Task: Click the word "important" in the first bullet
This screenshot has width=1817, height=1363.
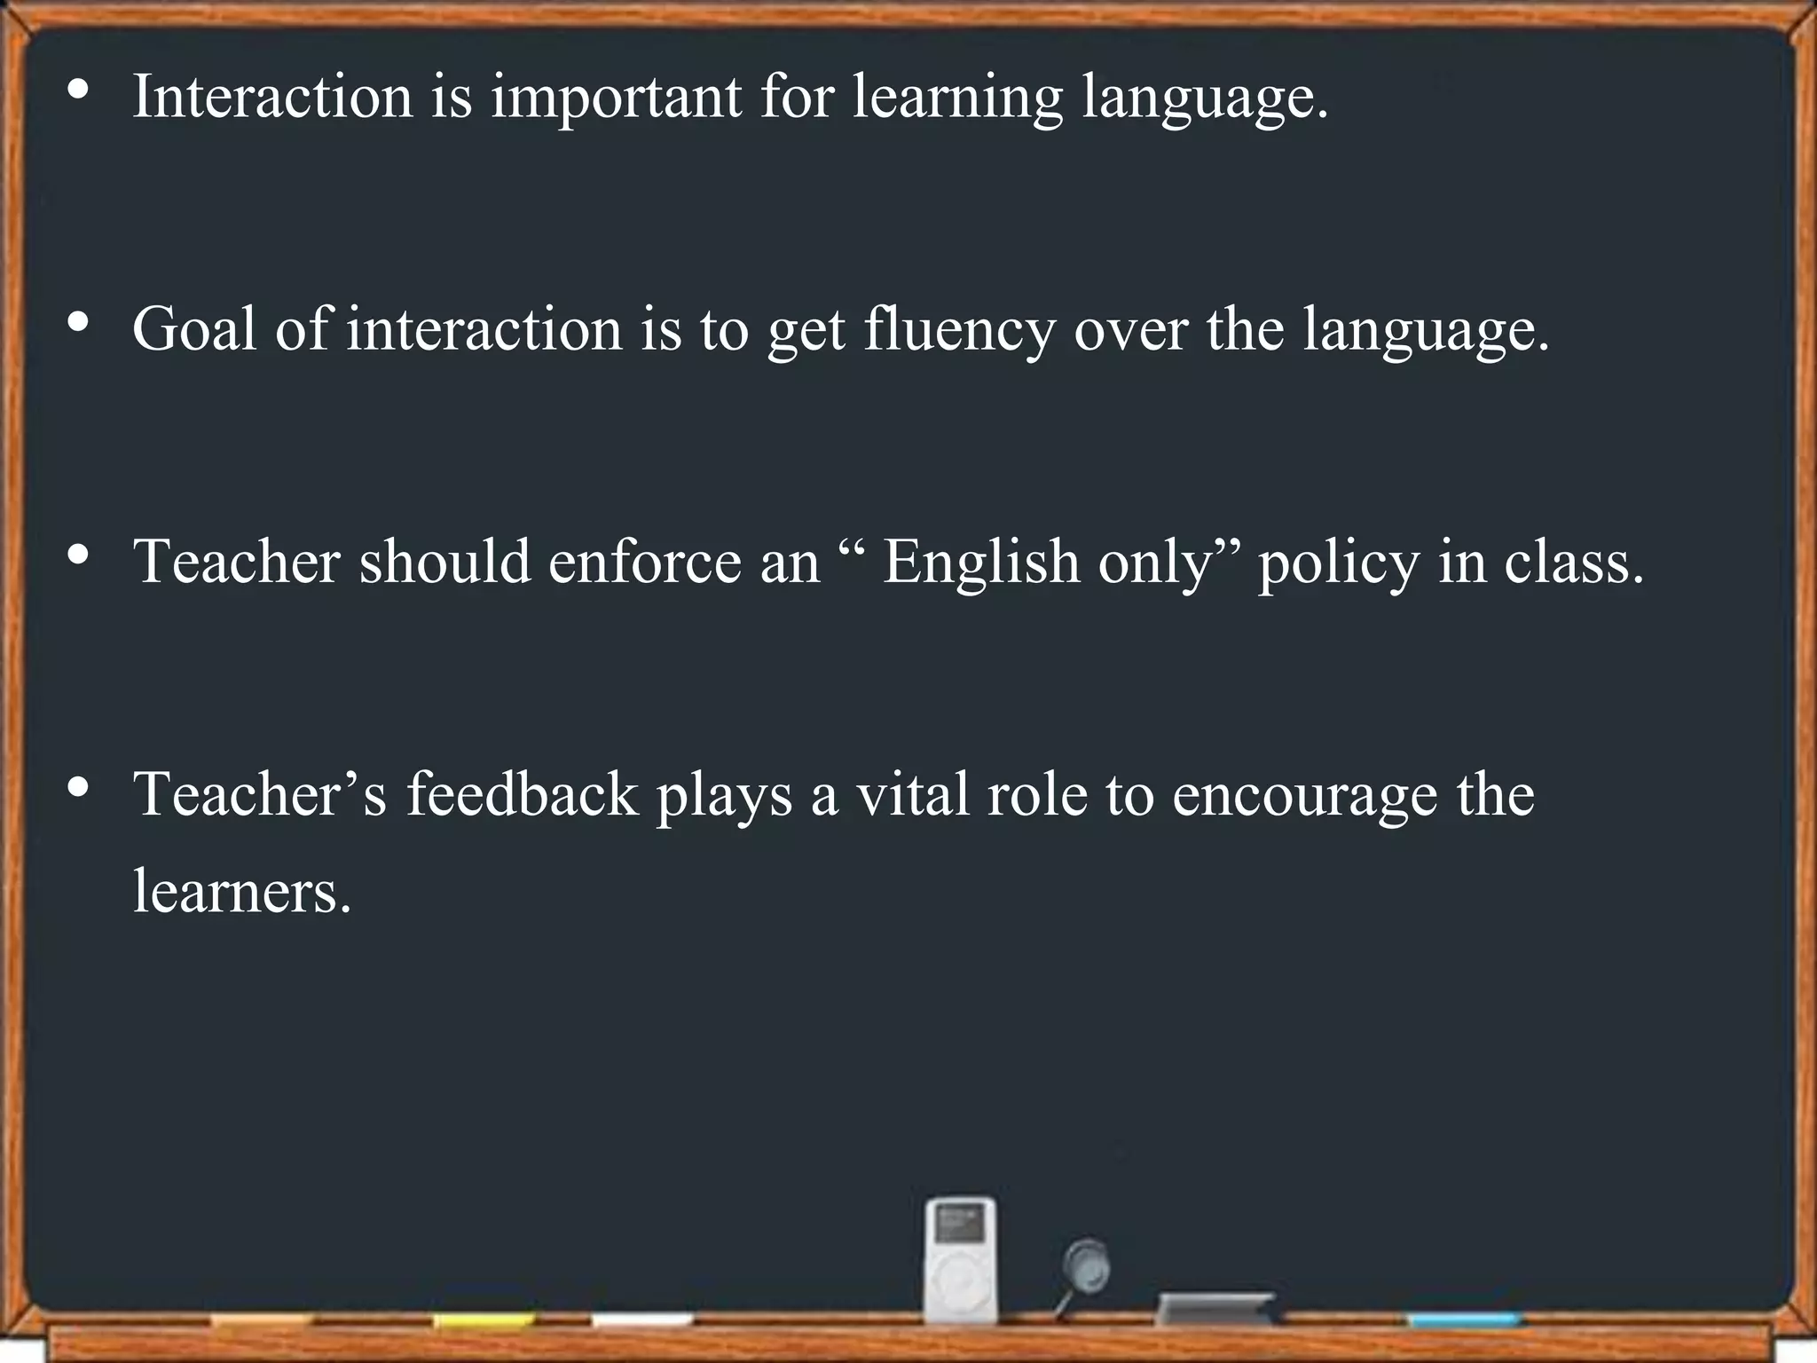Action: (616, 98)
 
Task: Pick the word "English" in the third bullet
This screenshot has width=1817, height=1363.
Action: (980, 563)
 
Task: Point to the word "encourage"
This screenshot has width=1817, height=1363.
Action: (1304, 795)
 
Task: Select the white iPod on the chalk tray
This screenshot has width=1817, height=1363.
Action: (960, 1259)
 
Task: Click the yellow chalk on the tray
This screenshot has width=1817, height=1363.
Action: (484, 1320)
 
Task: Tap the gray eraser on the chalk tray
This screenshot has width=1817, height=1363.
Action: (1215, 1308)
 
